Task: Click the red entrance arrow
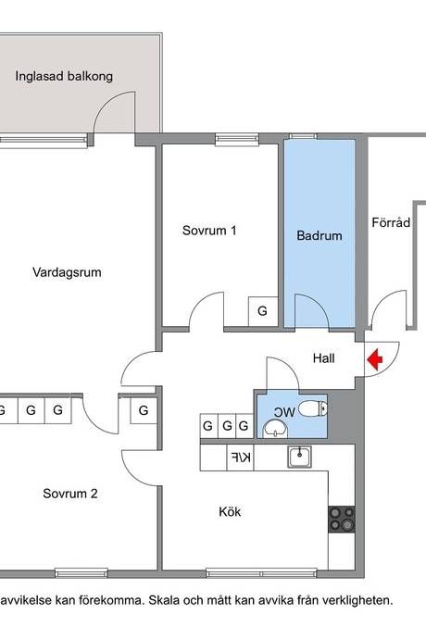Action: pos(375,359)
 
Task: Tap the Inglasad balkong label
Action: pos(64,76)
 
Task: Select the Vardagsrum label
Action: pos(67,272)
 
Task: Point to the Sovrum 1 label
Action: pos(209,231)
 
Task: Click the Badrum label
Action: pos(319,235)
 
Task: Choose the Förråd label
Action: pos(391,222)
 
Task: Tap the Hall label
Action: pos(324,358)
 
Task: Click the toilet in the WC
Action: pos(313,408)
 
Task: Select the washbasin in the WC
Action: pos(275,429)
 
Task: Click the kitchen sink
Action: pos(300,457)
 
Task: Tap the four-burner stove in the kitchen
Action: pos(342,520)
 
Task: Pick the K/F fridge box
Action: pos(240,457)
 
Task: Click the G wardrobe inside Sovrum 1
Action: pos(263,311)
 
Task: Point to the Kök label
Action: pos(230,511)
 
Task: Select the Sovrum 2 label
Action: pos(70,494)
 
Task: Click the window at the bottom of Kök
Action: pos(262,573)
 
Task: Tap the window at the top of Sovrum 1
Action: pos(237,139)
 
